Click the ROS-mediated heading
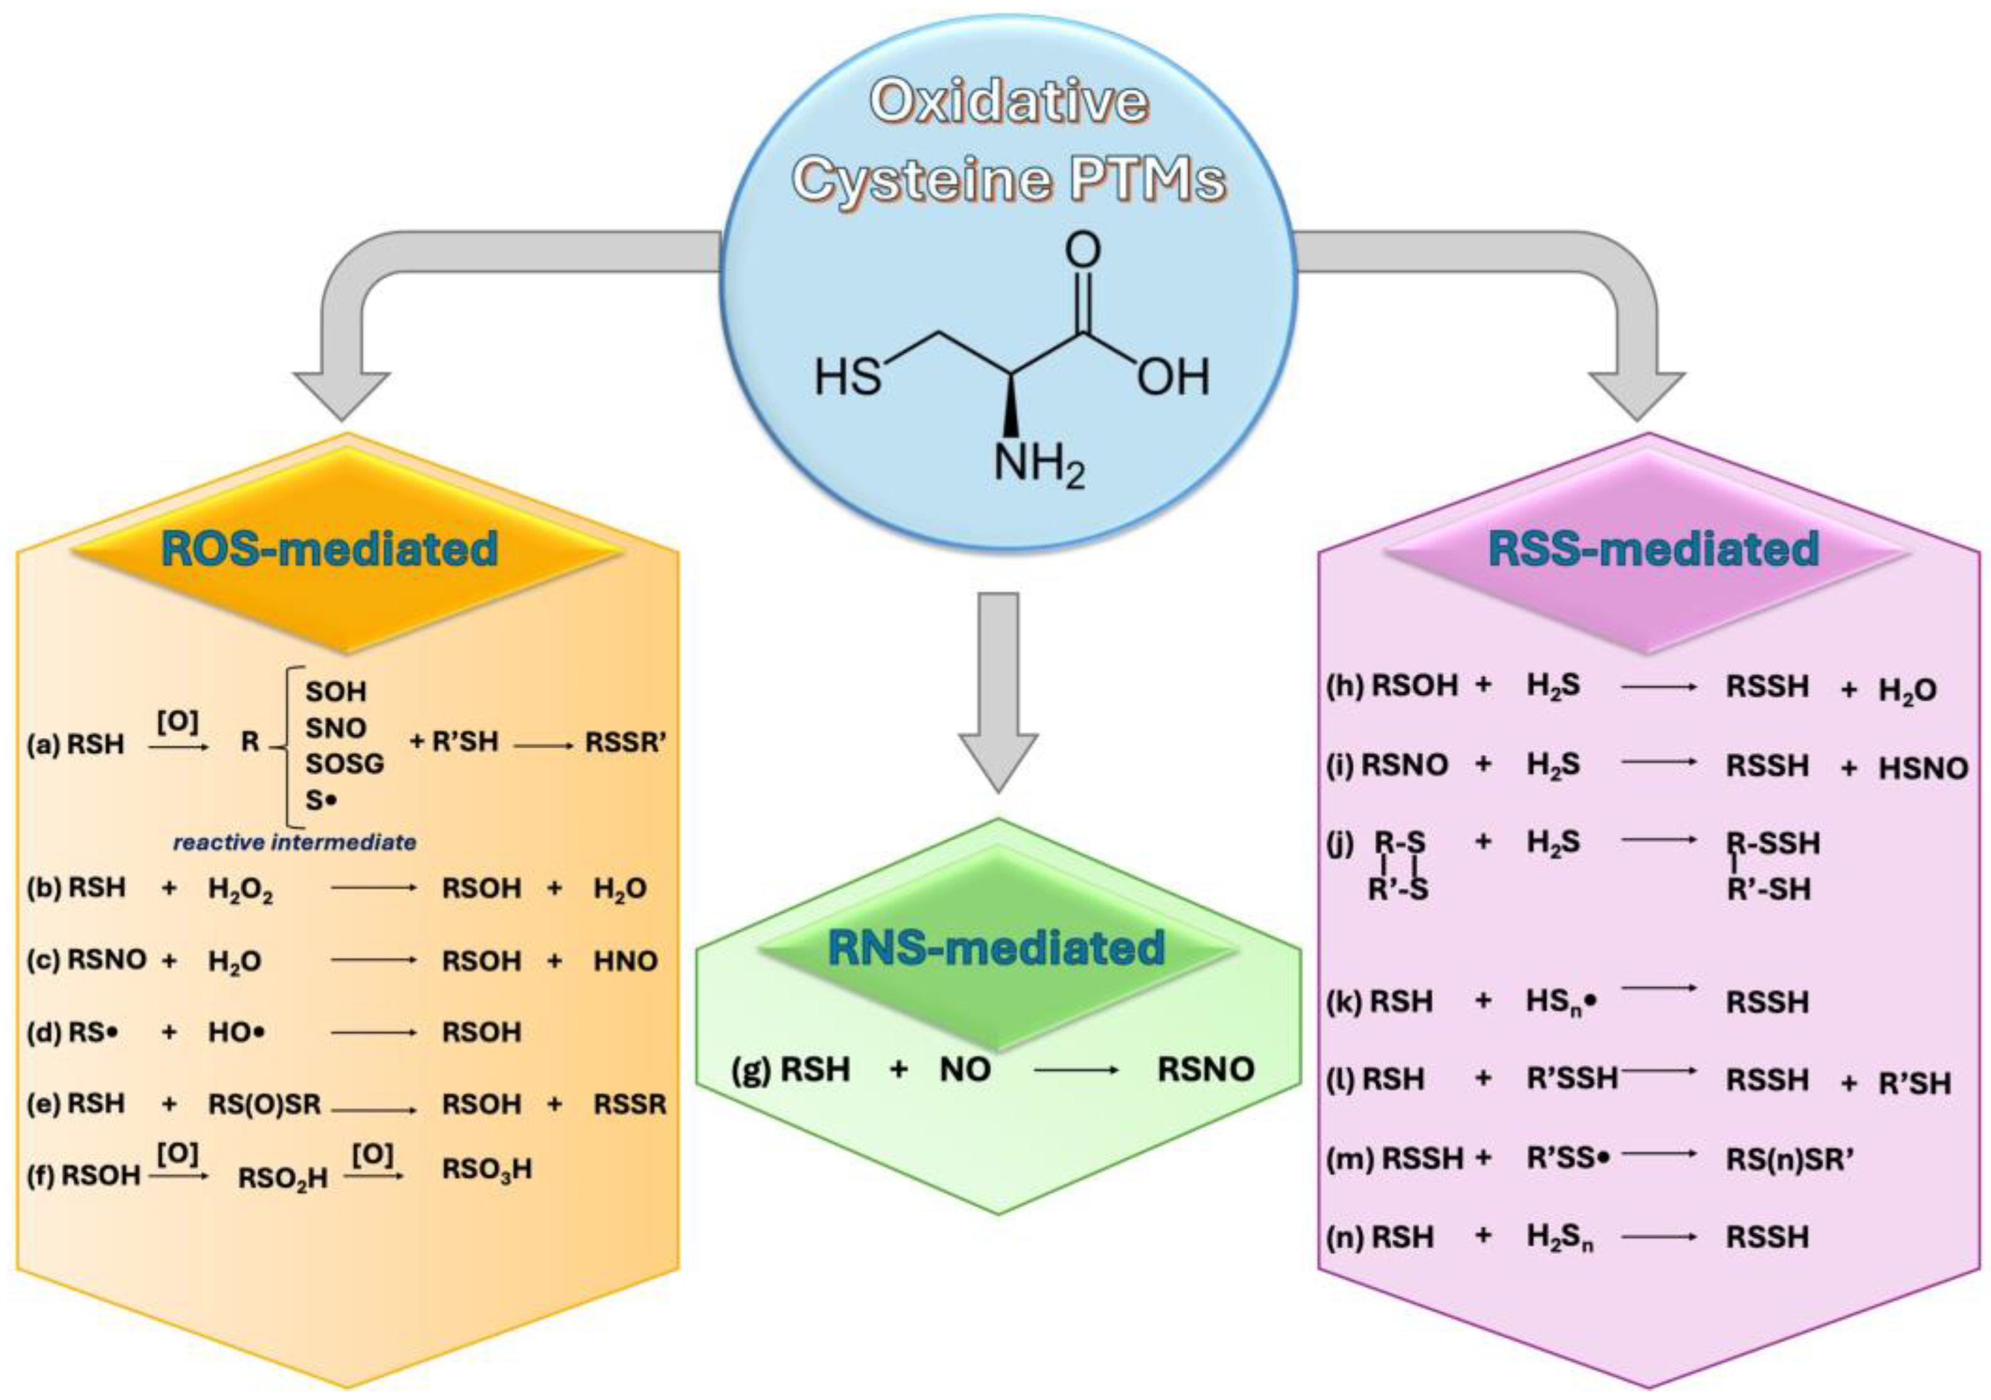click(329, 549)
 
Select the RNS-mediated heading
click(995, 948)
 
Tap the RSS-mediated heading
click(1653, 549)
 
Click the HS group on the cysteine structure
click(847, 379)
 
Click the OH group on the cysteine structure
click(1172, 377)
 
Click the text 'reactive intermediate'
click(295, 842)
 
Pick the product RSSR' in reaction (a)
click(625, 743)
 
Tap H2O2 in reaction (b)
click(240, 889)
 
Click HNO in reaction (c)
click(625, 961)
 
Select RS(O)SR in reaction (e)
click(265, 1103)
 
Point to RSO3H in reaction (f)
click(486, 1170)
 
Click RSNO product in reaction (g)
click(1205, 1069)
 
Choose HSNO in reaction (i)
click(1923, 768)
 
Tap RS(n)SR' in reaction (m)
click(1789, 1159)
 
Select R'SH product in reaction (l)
click(1914, 1083)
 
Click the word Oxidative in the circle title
click(1008, 101)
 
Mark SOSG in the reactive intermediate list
click(344, 764)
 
